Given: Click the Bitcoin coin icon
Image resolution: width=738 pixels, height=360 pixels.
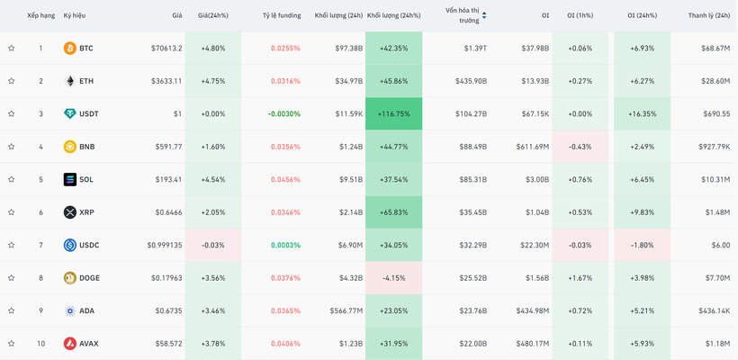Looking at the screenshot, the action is point(69,48).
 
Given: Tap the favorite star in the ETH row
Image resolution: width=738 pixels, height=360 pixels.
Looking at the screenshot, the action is point(12,81).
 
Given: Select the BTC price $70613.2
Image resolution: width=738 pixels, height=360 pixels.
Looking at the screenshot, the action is point(166,48).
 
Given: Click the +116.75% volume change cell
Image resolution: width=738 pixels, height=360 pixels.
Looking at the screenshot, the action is point(393,114).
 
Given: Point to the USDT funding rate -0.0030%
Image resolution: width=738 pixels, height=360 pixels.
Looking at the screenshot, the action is point(284,114).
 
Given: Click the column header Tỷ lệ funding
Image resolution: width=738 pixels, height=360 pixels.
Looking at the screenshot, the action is point(282,15).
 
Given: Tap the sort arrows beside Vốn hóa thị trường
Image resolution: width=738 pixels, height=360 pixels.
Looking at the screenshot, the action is point(484,16).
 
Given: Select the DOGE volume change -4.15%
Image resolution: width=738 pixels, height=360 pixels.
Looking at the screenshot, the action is point(393,278).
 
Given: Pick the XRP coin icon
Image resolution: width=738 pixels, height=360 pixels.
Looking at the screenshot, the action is point(69,212).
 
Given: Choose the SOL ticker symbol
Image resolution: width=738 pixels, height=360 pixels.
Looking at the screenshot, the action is point(86,179).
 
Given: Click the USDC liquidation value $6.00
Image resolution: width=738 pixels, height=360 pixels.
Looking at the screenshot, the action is point(721,245).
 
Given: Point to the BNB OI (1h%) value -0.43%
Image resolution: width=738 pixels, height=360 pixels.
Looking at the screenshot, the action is point(580,147).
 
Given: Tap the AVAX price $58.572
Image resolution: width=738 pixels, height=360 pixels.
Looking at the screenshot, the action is point(168,344).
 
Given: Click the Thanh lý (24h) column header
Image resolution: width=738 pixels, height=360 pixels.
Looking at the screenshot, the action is point(709,15).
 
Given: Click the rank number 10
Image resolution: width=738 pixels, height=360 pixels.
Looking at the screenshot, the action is point(40,344).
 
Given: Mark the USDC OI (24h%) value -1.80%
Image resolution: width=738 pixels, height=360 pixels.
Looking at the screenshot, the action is point(642,245).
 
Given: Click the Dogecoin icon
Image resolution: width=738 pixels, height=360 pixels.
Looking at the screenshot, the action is point(69,278).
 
